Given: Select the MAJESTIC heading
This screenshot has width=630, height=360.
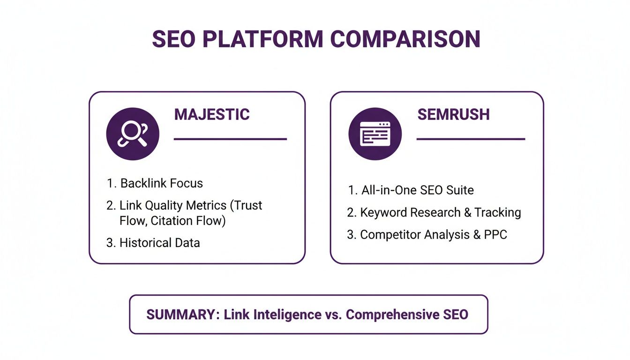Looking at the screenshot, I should [x=212, y=114].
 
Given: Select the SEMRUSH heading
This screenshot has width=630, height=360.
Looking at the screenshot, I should [x=453, y=114].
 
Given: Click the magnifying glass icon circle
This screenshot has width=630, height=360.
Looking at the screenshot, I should [x=133, y=134].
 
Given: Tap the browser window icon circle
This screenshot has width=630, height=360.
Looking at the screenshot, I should [x=375, y=134].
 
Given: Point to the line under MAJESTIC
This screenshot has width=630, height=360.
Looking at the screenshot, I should [x=230, y=139].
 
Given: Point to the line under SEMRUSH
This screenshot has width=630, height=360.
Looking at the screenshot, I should [x=471, y=139].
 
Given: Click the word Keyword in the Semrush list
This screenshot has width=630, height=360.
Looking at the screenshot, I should [x=384, y=212].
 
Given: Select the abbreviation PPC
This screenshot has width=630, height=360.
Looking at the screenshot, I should [x=495, y=234].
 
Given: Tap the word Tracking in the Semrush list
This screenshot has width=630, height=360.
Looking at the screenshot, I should [x=497, y=212].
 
